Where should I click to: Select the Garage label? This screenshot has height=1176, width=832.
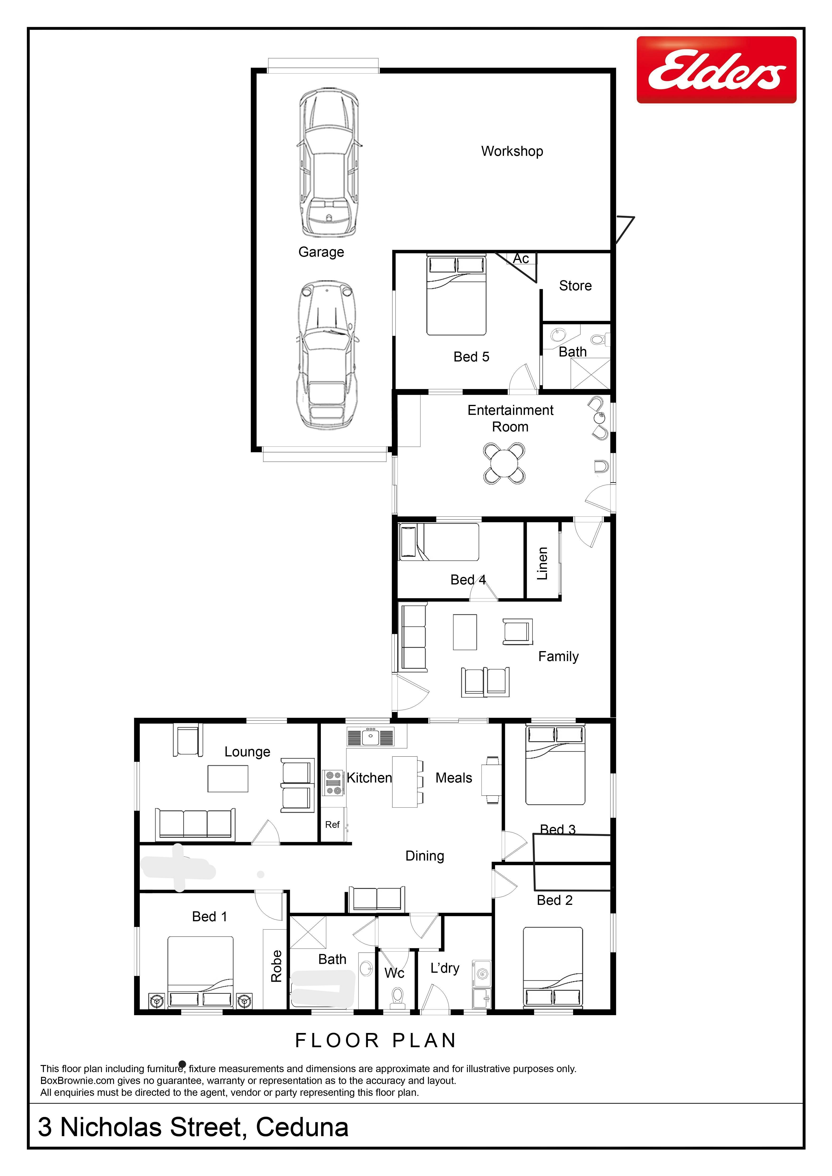coord(321,252)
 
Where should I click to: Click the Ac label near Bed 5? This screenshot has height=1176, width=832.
coord(521,259)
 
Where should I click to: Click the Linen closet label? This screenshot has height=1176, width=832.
coord(542,563)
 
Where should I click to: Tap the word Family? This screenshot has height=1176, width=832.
coord(558,657)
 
